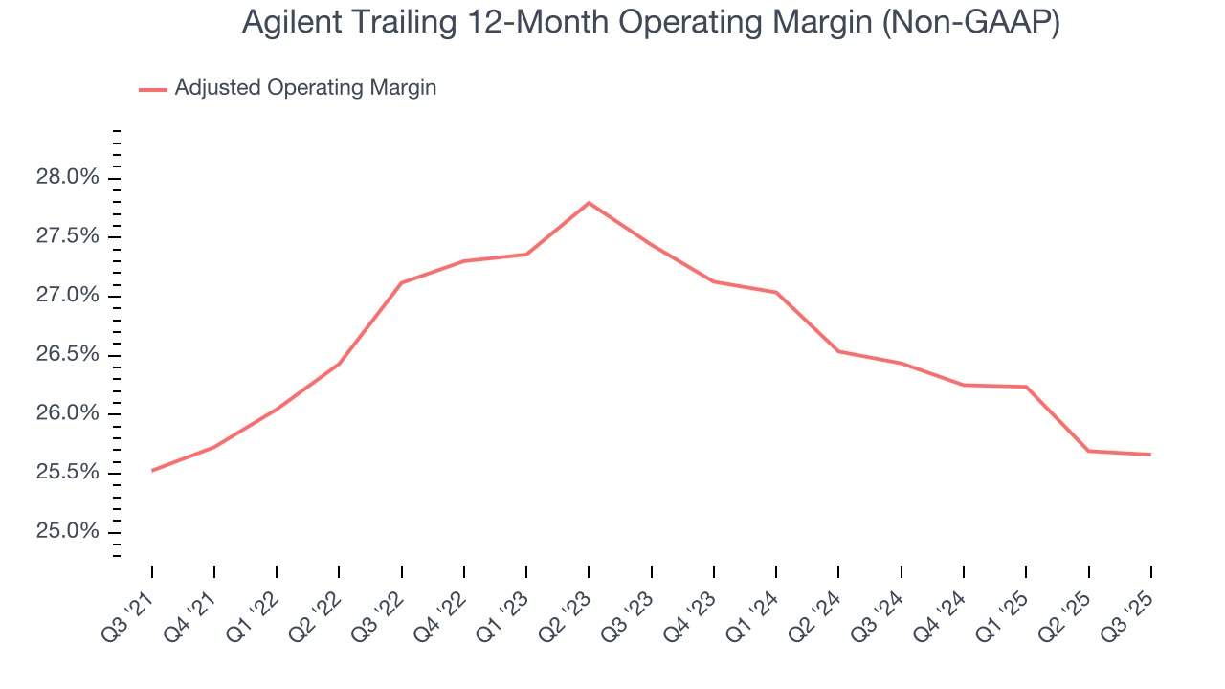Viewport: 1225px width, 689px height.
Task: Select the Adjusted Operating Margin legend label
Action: (x=305, y=88)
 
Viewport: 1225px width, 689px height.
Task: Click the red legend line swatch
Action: (x=153, y=89)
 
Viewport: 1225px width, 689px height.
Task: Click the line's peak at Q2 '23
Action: (x=589, y=203)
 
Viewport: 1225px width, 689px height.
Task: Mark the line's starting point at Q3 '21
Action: (x=152, y=471)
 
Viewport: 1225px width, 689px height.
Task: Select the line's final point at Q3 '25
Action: (x=1150, y=455)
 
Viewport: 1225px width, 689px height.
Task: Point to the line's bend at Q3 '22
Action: (x=402, y=283)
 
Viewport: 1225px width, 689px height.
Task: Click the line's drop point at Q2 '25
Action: (x=1088, y=451)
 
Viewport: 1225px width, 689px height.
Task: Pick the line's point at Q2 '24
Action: (x=838, y=351)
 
